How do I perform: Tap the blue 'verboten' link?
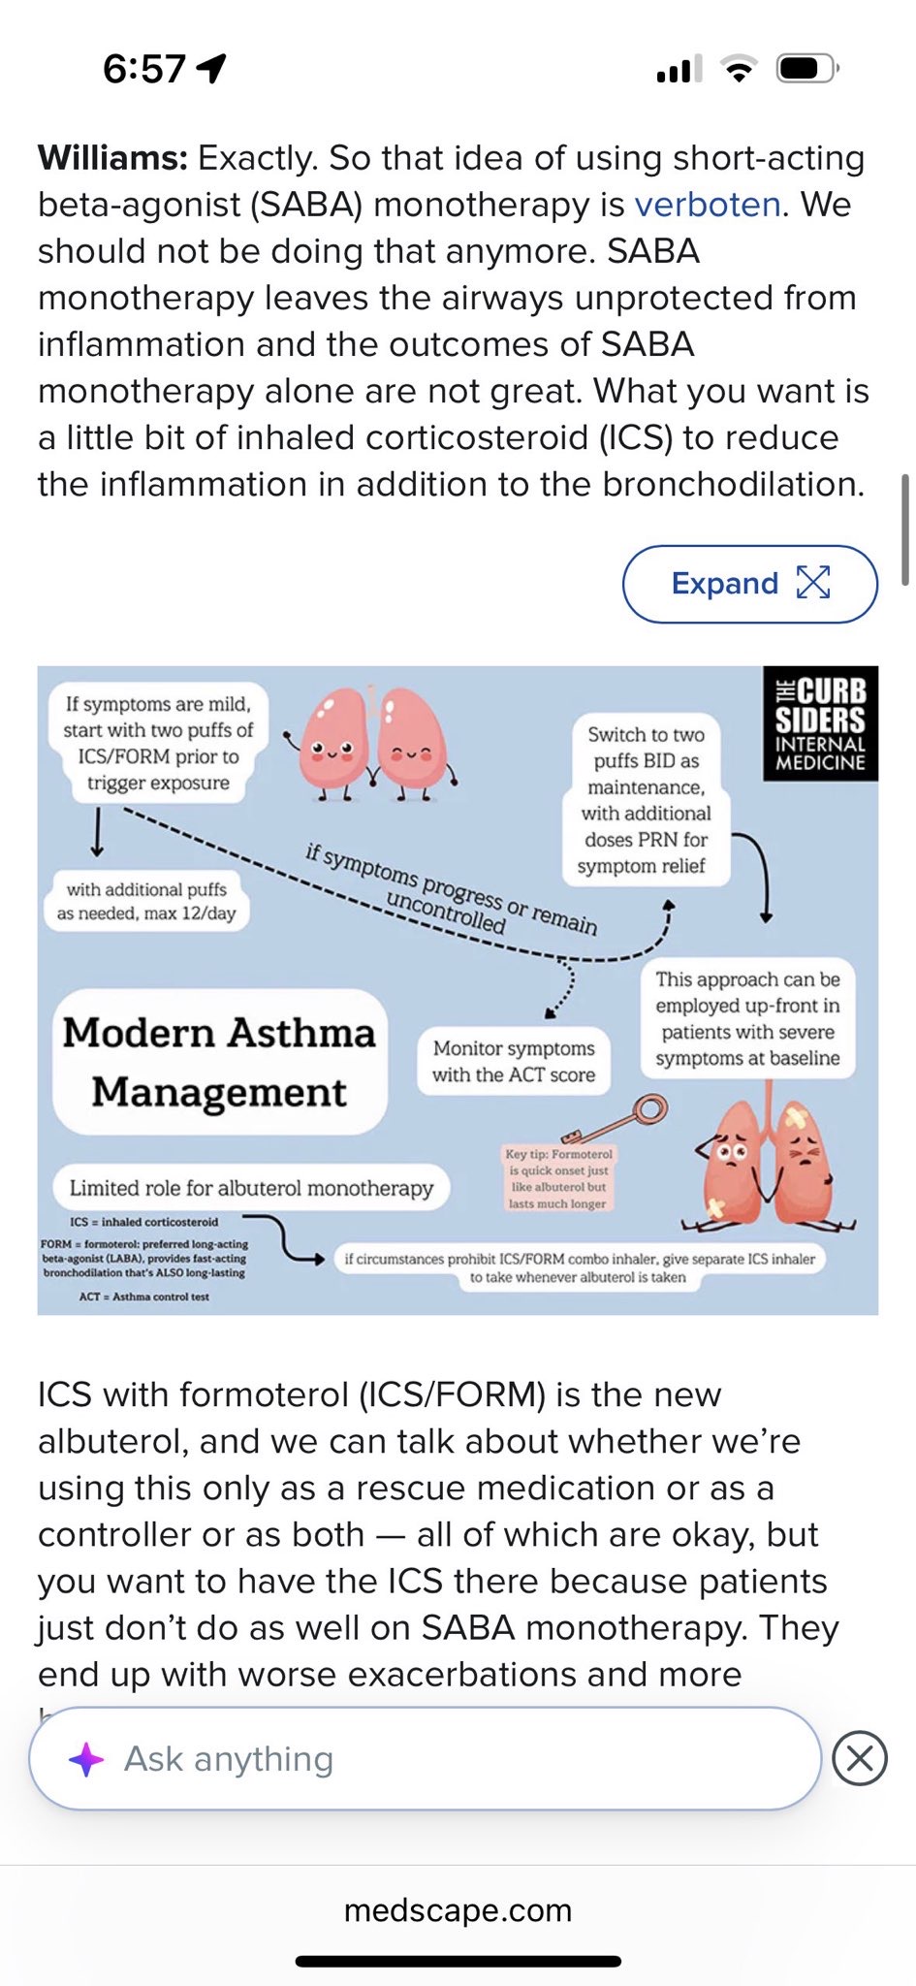(x=707, y=205)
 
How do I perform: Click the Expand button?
(x=749, y=584)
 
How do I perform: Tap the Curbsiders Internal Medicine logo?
(x=820, y=723)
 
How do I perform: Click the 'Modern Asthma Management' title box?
(x=220, y=1062)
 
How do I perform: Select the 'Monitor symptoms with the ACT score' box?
(x=514, y=1061)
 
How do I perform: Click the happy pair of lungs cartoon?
(x=373, y=743)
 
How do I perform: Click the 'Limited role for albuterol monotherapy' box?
(x=251, y=1188)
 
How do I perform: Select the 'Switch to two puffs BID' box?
(x=646, y=800)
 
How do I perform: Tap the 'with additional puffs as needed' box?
(x=146, y=901)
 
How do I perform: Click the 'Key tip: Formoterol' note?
(x=557, y=1178)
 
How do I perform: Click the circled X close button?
(x=860, y=1757)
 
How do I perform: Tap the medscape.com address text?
(x=458, y=1909)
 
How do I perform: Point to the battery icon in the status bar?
(x=806, y=69)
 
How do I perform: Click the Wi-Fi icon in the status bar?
(x=738, y=69)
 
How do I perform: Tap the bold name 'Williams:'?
(x=112, y=158)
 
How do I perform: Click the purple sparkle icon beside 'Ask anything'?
(x=86, y=1759)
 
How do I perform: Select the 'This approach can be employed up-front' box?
(x=747, y=1018)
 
